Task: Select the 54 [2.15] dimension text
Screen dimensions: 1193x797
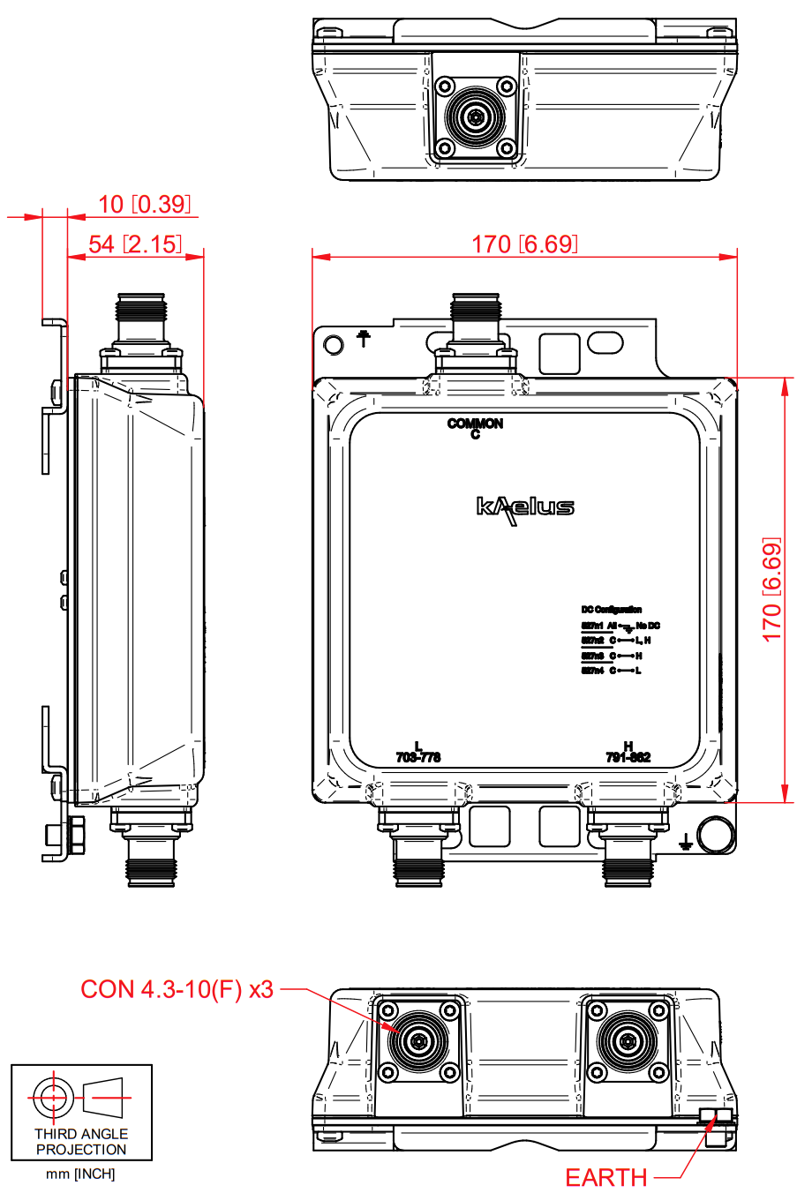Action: click(135, 244)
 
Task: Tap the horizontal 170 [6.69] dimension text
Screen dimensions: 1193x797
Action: click(524, 244)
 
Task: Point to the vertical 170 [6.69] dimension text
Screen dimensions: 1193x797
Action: click(771, 589)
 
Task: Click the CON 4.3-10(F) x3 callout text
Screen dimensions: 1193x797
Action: click(177, 989)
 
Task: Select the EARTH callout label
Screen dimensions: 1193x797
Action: click(605, 1178)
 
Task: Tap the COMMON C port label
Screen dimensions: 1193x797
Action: click(475, 428)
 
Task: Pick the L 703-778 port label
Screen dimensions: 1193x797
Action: click(418, 753)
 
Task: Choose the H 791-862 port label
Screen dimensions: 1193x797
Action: click(628, 753)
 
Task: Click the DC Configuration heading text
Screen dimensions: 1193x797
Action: click(611, 610)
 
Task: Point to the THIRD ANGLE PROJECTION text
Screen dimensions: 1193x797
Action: click(81, 1142)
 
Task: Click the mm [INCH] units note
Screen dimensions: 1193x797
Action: click(80, 1174)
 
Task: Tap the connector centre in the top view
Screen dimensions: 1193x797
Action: click(476, 117)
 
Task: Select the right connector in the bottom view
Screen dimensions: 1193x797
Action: click(628, 1041)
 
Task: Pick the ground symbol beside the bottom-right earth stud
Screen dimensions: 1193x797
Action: click(685, 842)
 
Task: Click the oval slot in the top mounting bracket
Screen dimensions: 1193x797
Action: click(605, 341)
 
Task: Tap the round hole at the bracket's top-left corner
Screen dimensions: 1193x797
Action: click(334, 344)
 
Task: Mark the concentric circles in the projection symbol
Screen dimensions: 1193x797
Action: click(52, 1098)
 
